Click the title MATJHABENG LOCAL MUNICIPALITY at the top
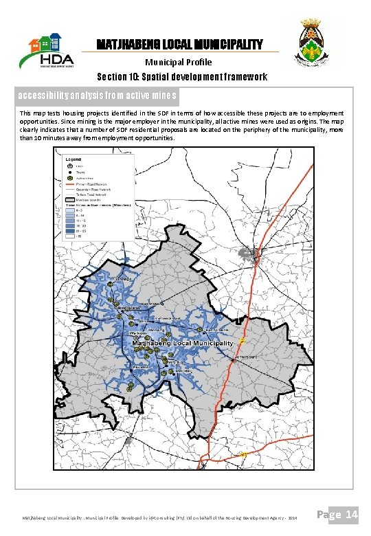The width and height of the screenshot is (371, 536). point(179,45)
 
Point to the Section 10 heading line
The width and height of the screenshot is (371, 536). point(182,77)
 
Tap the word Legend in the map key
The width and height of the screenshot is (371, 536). point(73,159)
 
